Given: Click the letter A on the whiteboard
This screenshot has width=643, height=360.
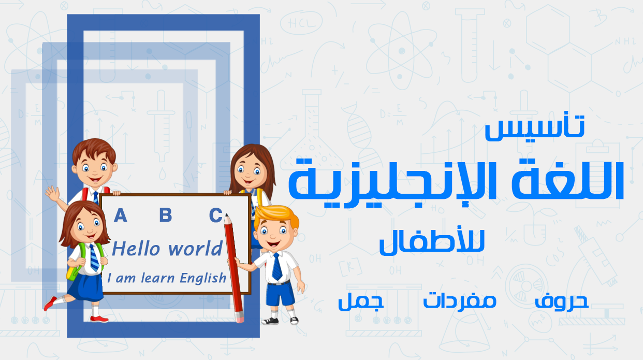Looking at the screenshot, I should pyautogui.click(x=120, y=215).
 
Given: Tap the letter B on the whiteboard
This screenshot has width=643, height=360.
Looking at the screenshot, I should pyautogui.click(x=165, y=215).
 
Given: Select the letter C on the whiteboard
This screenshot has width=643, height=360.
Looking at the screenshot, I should pyautogui.click(x=215, y=215).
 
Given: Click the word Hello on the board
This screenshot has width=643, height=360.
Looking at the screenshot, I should pyautogui.click(x=136, y=249).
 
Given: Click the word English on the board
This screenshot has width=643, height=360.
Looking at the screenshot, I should pyautogui.click(x=203, y=278).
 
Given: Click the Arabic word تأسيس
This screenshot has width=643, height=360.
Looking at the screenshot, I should pyautogui.click(x=535, y=128).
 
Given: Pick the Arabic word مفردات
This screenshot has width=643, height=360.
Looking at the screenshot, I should pyautogui.click(x=460, y=300).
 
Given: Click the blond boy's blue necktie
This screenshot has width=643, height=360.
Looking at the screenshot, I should pyautogui.click(x=277, y=266).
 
